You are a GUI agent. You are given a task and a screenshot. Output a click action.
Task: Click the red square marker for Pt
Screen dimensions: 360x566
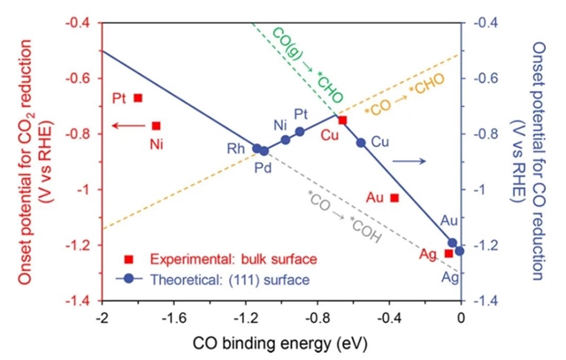[138, 98]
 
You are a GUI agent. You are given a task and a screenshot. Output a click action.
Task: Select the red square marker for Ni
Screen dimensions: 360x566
[157, 126]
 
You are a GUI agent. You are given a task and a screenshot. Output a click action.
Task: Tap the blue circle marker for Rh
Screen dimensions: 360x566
[257, 149]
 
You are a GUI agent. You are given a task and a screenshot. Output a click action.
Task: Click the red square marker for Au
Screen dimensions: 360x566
[394, 197]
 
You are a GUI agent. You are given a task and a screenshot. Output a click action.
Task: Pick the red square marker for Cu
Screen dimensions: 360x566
[342, 120]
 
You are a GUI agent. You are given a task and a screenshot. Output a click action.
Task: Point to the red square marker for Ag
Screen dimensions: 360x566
[448, 253]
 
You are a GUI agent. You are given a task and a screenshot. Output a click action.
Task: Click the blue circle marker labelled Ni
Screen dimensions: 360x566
[286, 140]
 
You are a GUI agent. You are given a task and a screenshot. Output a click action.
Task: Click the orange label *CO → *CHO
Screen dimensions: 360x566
[405, 95]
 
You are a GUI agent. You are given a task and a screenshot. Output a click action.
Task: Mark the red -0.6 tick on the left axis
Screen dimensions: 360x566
[85, 79]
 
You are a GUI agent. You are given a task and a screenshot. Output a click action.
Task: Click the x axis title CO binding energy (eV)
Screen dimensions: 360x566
[280, 341]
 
